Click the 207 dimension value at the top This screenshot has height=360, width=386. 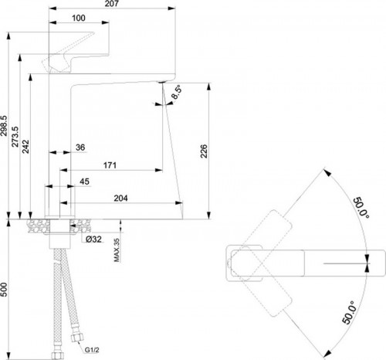(112, 3)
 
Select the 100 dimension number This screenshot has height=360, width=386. (79, 18)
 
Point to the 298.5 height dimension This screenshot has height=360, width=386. (4, 126)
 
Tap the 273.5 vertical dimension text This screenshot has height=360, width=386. (15, 137)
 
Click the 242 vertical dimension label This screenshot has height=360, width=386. (25, 147)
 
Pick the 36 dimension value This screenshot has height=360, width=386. (80, 148)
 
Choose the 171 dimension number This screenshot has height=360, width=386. (110, 165)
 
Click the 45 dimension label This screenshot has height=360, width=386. (84, 182)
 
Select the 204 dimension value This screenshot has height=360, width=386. (120, 198)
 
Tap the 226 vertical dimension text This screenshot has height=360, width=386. (204, 151)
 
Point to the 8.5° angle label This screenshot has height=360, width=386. (177, 92)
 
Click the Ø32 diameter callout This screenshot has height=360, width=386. (93, 239)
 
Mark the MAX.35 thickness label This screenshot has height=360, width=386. (117, 250)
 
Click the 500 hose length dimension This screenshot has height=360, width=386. (4, 290)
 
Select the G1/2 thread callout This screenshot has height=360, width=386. (92, 350)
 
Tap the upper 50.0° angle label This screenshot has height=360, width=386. (361, 208)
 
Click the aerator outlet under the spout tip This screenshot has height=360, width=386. (161, 82)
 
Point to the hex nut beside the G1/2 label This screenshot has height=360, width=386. (76, 336)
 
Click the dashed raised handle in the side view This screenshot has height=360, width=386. (69, 51)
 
